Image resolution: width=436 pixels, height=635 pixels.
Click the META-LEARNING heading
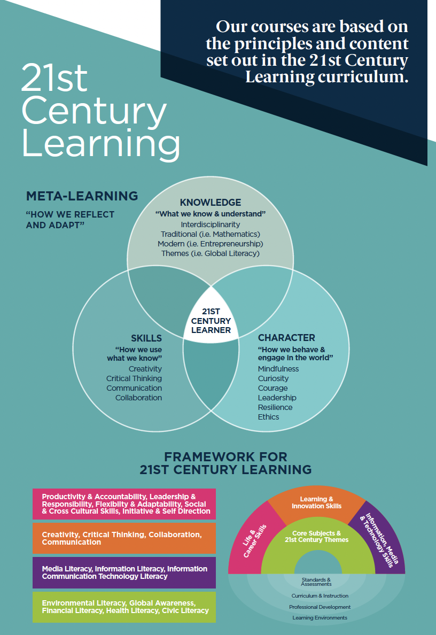(x=82, y=196)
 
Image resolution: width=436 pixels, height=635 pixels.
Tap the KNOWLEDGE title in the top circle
(x=211, y=203)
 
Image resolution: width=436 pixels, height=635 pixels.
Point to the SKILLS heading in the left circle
(x=146, y=338)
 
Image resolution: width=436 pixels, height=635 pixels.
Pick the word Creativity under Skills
(x=145, y=369)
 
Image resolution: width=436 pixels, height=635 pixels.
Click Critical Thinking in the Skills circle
(x=134, y=378)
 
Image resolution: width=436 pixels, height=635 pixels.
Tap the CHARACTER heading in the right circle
(x=286, y=338)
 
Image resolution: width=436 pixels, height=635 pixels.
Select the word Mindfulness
(x=278, y=369)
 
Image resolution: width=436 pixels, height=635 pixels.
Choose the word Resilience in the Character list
(x=275, y=407)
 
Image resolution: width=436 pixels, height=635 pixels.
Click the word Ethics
(x=268, y=417)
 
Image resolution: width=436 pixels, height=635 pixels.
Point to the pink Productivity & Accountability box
(x=124, y=504)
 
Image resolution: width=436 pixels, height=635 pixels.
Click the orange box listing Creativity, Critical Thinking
(x=124, y=538)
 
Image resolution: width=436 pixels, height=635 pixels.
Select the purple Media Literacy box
(x=124, y=572)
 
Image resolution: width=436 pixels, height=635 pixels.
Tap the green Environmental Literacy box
(x=124, y=607)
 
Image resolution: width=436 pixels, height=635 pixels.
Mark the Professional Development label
(x=320, y=607)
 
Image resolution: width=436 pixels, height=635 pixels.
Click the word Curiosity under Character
(x=273, y=378)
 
